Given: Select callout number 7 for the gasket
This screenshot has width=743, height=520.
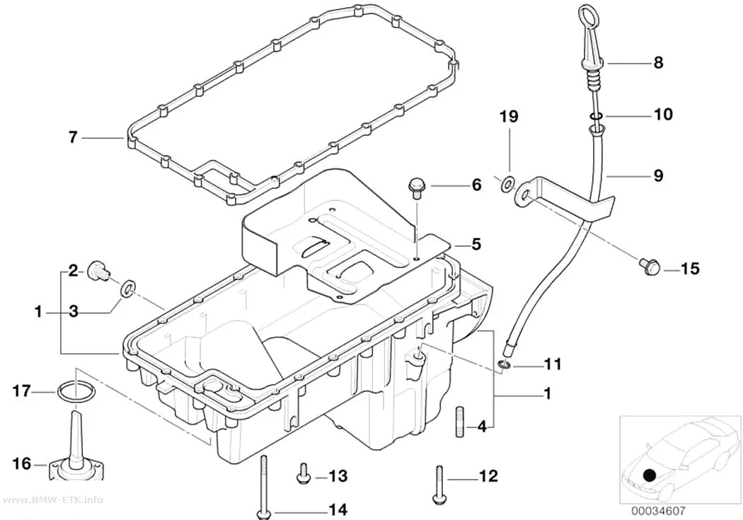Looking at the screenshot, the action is point(72,137).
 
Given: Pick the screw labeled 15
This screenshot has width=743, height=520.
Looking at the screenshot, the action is point(650,266).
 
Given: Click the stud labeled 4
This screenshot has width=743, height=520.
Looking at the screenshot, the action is point(461,422).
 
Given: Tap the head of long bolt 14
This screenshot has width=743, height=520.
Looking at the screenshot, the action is point(263,514).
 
